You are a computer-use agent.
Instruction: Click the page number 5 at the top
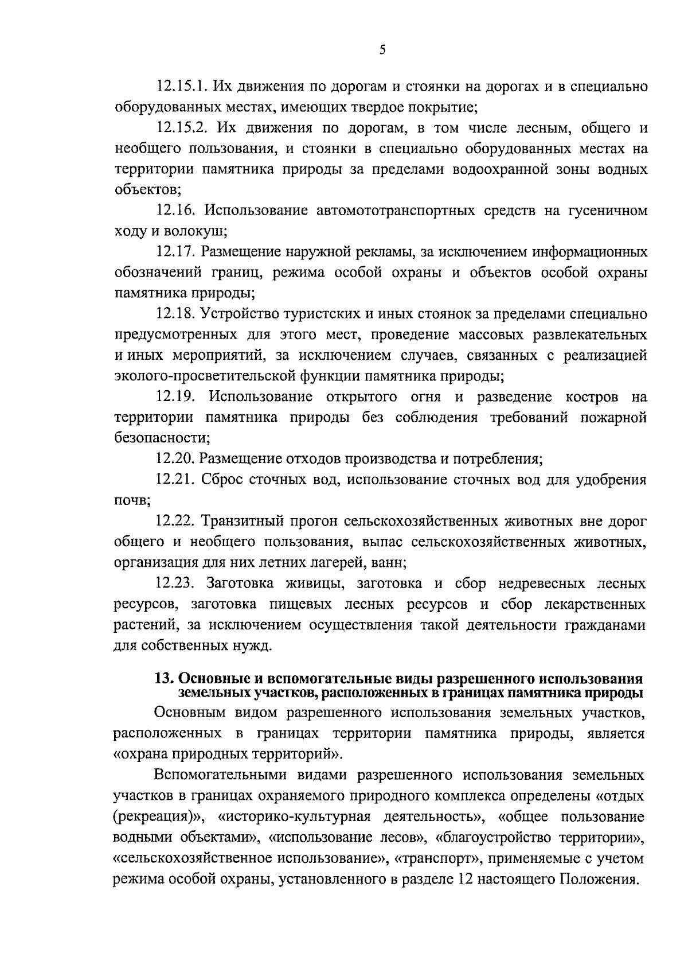pos(382,50)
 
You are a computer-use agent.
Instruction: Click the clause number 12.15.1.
pos(181,87)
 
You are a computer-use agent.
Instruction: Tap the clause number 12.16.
pos(176,211)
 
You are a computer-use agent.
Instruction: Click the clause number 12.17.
pos(176,252)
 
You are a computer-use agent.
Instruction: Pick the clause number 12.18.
pos(176,314)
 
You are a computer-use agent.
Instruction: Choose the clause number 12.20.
pos(176,459)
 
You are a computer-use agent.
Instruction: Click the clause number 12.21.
pos(176,480)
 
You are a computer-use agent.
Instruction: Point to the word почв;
pos(132,500)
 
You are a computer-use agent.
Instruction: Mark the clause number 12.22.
pos(176,521)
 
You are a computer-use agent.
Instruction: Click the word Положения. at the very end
pos(599,880)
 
